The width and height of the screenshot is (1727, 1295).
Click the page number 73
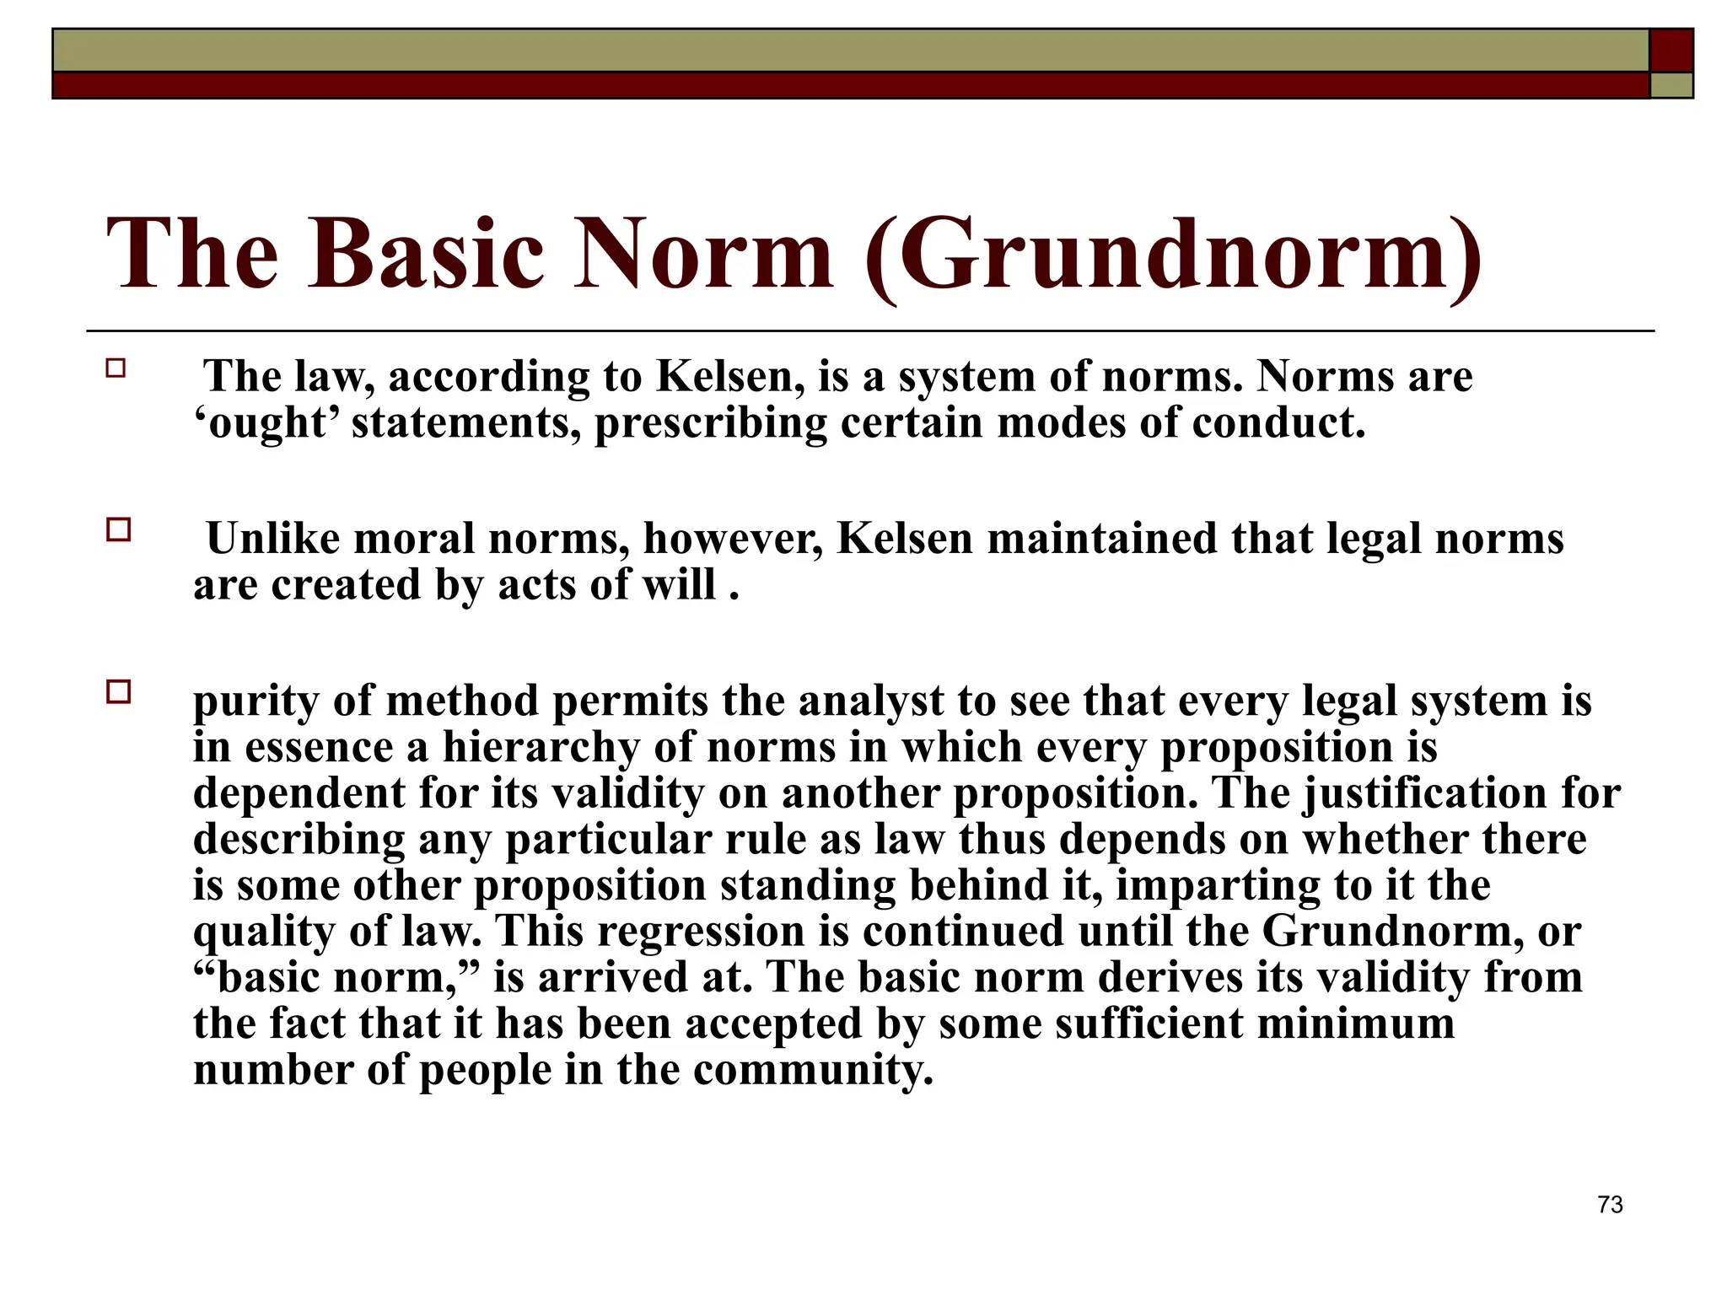pyautogui.click(x=1610, y=1205)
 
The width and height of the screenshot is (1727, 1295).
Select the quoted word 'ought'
pyautogui.click(x=266, y=422)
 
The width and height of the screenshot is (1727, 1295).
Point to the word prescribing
pyautogui.click(x=711, y=424)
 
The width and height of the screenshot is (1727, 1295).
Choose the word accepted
pyautogui.click(x=773, y=1024)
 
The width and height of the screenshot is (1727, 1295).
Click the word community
pyautogui.click(x=813, y=1071)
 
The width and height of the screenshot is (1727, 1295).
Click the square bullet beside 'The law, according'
pyautogui.click(x=116, y=368)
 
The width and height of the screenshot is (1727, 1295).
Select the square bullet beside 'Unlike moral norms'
pyautogui.click(x=119, y=530)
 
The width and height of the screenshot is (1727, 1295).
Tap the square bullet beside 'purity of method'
pyautogui.click(x=119, y=692)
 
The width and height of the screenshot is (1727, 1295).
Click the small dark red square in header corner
pyautogui.click(x=1671, y=51)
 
